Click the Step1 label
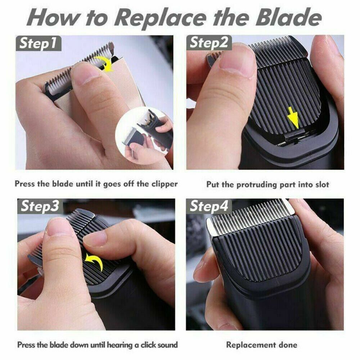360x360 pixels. tap(39, 43)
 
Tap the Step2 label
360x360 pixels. tap(209, 43)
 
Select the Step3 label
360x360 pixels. tap(40, 206)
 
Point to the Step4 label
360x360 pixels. tap(209, 206)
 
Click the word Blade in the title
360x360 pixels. tap(289, 18)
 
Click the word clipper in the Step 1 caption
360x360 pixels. tap(165, 184)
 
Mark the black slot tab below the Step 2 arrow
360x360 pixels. tap(294, 135)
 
